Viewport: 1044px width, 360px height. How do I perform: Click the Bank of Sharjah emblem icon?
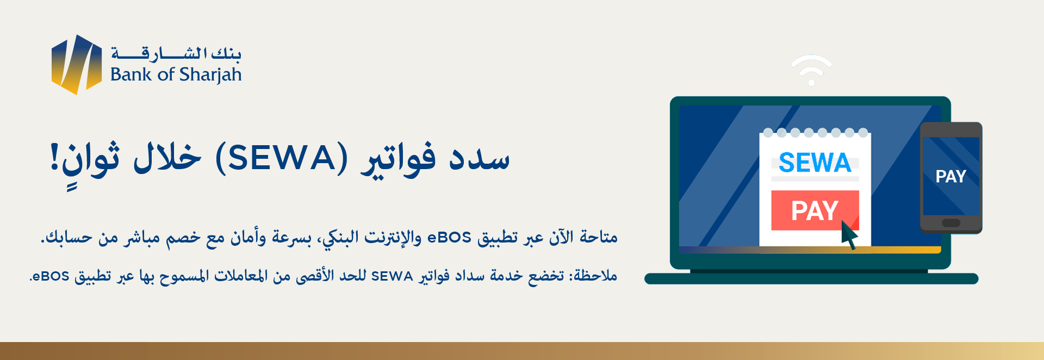(x=77, y=64)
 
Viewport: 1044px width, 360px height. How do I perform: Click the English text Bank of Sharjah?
(x=176, y=75)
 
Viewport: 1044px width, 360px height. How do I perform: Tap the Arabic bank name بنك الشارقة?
(x=176, y=53)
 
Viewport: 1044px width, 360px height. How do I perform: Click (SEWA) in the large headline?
(x=281, y=158)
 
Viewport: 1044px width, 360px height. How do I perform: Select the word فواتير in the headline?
(x=399, y=159)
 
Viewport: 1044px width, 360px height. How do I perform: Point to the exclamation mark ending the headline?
(x=54, y=157)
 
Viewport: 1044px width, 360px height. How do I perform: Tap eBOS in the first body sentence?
(x=449, y=238)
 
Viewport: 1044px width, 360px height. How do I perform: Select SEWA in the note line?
(x=392, y=276)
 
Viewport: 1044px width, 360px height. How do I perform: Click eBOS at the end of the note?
(x=50, y=276)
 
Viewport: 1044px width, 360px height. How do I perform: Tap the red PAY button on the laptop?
(x=815, y=210)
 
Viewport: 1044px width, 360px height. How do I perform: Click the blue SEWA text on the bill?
(x=815, y=163)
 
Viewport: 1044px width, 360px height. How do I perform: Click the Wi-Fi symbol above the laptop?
(x=811, y=70)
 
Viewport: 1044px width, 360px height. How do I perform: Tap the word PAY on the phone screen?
(x=950, y=176)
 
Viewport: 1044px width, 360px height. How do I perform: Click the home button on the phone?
(x=951, y=222)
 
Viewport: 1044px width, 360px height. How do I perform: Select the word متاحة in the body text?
(x=599, y=237)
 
